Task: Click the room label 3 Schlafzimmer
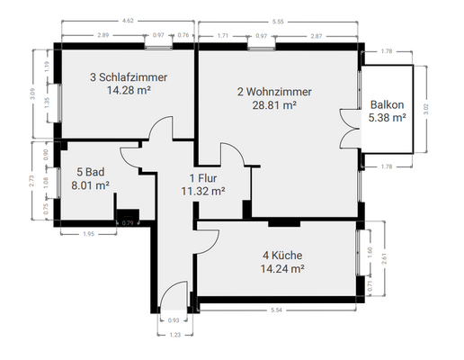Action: click(x=129, y=77)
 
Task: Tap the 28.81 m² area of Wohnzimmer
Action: click(x=276, y=104)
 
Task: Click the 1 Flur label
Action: click(x=201, y=177)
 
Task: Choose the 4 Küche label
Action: click(x=281, y=255)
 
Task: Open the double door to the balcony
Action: click(x=347, y=126)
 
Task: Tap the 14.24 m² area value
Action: click(x=281, y=267)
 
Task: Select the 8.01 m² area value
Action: click(x=90, y=185)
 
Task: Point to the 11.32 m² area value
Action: click(x=201, y=190)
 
